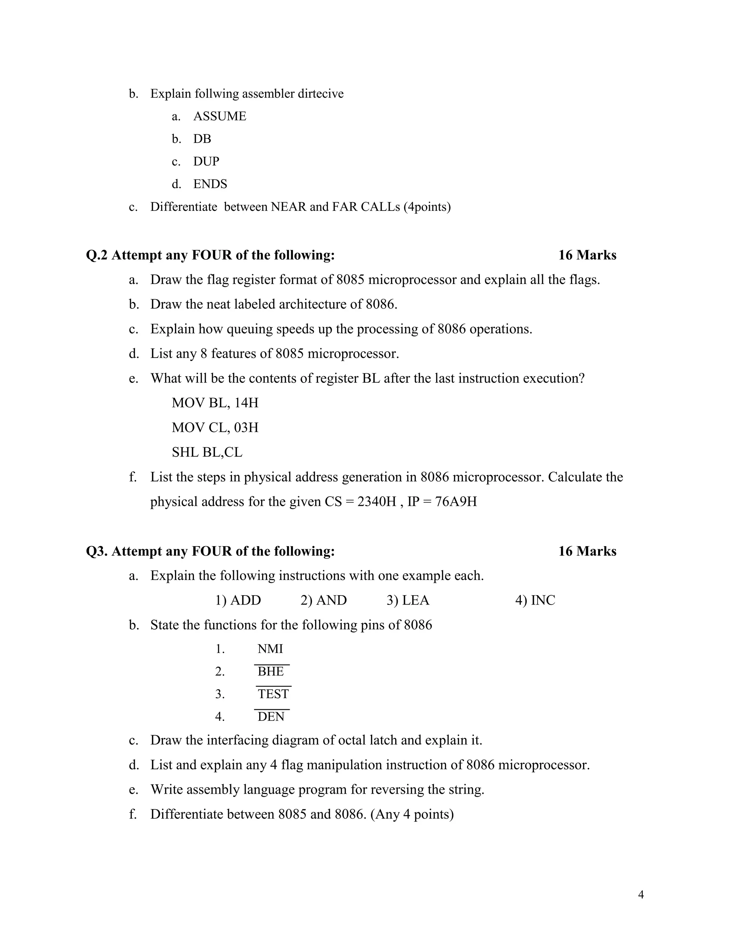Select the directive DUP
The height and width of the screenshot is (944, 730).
point(206,161)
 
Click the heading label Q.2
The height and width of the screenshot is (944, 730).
point(97,255)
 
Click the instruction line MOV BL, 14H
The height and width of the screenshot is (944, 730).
point(215,403)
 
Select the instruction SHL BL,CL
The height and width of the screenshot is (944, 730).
point(207,452)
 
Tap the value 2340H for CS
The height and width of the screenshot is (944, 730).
point(377,502)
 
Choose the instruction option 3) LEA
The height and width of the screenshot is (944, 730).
point(408,600)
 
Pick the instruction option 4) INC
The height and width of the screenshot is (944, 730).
point(535,600)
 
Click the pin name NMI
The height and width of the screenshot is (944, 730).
point(270,649)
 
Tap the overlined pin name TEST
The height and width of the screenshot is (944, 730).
point(273,694)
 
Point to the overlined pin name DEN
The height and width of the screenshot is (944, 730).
point(271,717)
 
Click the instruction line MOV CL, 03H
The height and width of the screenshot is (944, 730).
point(215,427)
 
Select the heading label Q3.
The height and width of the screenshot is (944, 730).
point(97,551)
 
